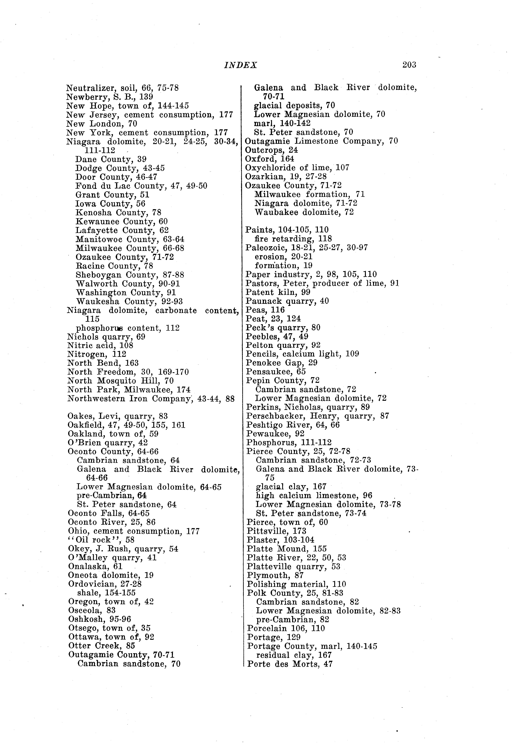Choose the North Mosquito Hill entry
(120, 381)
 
